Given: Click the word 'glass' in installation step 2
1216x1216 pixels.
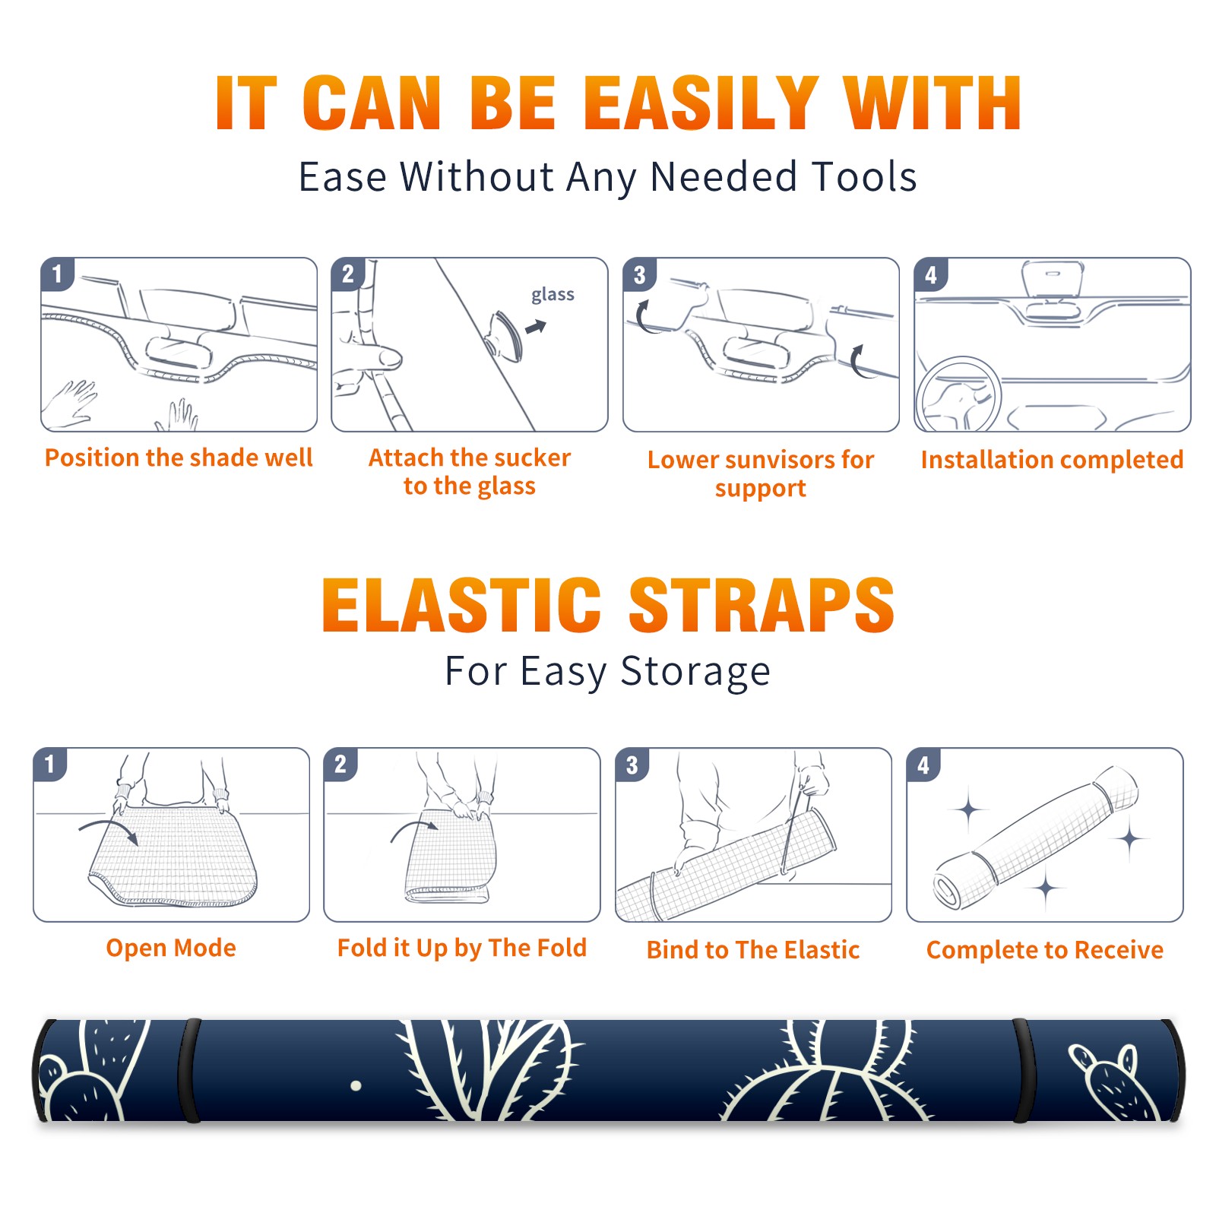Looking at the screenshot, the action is click(553, 295).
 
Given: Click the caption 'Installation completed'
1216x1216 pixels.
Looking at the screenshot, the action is click(1052, 459).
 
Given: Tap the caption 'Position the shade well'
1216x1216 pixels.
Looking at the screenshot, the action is click(179, 458).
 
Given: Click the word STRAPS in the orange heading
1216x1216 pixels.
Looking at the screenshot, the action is click(762, 605).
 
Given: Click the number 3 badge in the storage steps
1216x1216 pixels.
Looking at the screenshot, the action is click(632, 765).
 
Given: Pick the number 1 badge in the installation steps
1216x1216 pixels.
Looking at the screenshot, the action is click(57, 274).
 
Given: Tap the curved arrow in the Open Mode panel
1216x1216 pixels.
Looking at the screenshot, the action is click(109, 830).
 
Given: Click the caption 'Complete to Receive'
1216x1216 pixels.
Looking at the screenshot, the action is click(1045, 950).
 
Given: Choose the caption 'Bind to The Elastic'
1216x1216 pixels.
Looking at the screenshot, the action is click(753, 950).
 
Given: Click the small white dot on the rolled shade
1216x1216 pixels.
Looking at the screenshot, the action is click(356, 1086).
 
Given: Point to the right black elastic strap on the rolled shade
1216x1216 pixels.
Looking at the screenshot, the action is click(1023, 1071).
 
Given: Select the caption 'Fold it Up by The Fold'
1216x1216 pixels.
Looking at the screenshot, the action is click(462, 948).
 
